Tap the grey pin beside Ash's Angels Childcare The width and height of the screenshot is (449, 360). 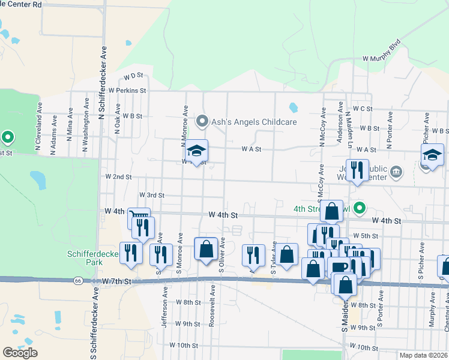[202, 121]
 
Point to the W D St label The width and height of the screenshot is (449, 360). [133, 76]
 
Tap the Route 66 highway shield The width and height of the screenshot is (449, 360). [78, 280]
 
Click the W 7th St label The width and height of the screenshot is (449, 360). [116, 281]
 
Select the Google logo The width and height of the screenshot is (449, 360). [20, 352]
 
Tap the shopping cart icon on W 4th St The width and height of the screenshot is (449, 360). [139, 217]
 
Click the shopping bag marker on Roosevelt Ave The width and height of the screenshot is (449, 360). [206, 249]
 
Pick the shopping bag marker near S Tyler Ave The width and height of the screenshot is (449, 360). [287, 253]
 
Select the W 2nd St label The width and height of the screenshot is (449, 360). [118, 177]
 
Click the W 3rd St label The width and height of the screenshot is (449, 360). [151, 195]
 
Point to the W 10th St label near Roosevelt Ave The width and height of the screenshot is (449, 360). [184, 346]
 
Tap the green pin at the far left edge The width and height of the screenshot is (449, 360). [8, 139]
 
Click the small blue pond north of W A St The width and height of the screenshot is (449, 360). [293, 108]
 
